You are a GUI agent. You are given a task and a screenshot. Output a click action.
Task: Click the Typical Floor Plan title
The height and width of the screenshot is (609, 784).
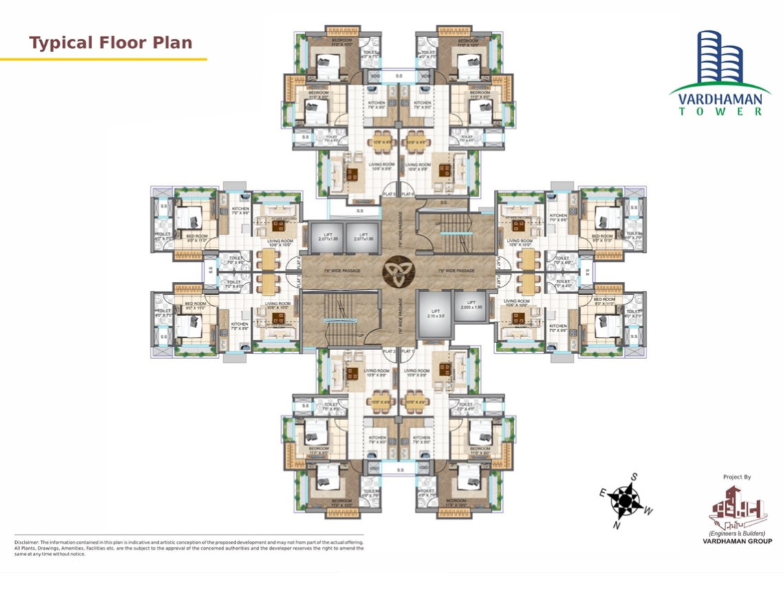pyautogui.click(x=111, y=43)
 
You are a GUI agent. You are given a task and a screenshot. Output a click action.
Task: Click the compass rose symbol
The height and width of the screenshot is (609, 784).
pyautogui.click(x=624, y=500)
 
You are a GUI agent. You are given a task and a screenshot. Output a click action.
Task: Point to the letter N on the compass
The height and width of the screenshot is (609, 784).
pyautogui.click(x=616, y=526)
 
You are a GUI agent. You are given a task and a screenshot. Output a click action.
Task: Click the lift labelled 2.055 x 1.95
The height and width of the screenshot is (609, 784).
pyautogui.click(x=472, y=306)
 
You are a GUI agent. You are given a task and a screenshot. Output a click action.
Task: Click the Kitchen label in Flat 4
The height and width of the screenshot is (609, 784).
pyautogui.click(x=240, y=210)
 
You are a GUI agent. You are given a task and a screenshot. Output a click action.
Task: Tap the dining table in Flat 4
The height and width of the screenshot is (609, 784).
pyautogui.click(x=268, y=259)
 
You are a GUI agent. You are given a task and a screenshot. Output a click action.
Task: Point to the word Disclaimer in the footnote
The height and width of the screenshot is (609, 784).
pyautogui.click(x=26, y=542)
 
